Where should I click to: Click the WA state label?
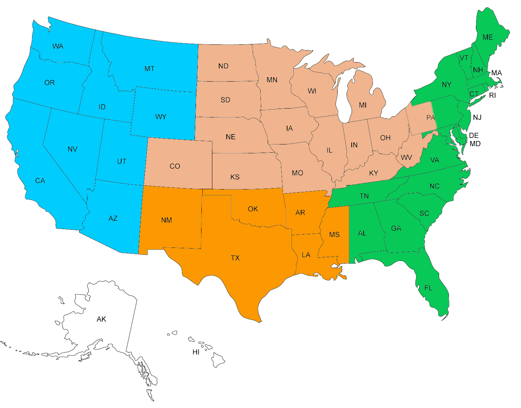click(x=58, y=46)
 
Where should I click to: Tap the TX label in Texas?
click(x=235, y=258)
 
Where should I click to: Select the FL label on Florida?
click(x=428, y=288)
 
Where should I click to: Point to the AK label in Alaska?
click(x=101, y=319)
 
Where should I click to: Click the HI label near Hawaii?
click(x=196, y=352)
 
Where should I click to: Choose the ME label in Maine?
click(x=488, y=37)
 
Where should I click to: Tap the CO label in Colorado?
click(x=175, y=166)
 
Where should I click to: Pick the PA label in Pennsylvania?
click(x=431, y=118)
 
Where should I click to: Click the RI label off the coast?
click(x=492, y=95)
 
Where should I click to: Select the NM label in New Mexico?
click(x=167, y=220)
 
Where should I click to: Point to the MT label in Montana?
click(x=150, y=69)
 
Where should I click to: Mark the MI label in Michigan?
click(x=363, y=105)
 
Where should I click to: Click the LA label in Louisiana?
click(x=306, y=255)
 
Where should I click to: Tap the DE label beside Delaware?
click(x=474, y=136)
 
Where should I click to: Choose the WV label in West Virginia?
click(x=406, y=157)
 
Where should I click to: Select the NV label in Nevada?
click(x=72, y=149)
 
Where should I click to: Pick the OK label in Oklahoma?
click(x=253, y=209)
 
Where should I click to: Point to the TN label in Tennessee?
click(x=364, y=196)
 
